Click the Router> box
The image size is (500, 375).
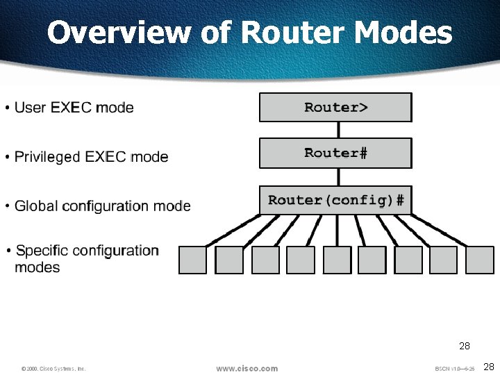335,108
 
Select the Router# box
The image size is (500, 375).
335,153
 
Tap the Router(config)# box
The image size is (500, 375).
335,200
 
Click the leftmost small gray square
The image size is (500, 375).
192,260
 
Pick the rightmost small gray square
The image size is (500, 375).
480,260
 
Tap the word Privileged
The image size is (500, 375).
47,157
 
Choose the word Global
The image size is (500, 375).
36,206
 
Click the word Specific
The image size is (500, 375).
41,250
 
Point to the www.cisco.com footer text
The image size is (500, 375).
247,368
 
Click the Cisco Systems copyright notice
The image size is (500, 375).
53,368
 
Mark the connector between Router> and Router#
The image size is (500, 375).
338,130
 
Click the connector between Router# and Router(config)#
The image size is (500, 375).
338,176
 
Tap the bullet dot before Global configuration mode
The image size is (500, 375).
7,206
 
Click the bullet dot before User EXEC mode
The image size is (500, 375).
7,108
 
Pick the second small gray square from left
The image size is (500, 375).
229,260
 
